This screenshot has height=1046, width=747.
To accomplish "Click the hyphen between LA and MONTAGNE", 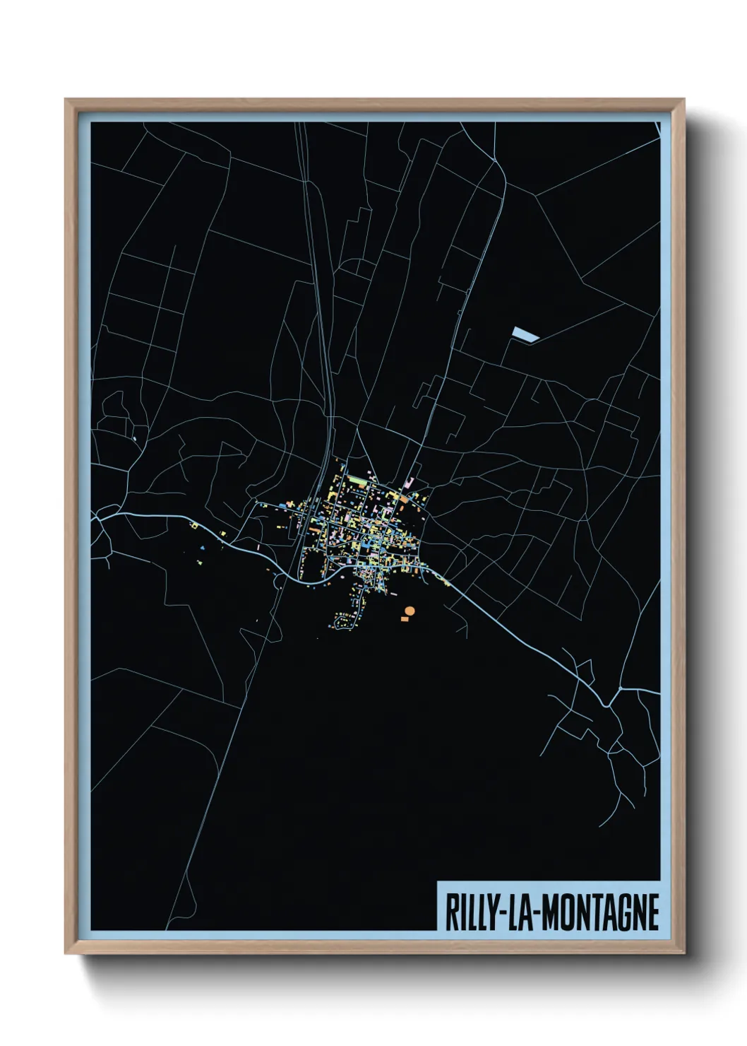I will coord(537,913).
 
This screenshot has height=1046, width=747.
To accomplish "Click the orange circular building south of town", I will coord(410,611).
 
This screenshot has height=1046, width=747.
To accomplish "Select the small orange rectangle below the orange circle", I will coord(405,619).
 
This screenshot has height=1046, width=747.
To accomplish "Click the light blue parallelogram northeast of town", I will coord(525,334).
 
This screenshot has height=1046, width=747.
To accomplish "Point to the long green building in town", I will coord(358,480).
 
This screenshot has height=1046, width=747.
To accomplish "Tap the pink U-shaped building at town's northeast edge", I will coord(408,483).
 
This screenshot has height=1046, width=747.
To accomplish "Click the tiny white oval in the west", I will coord(133,439).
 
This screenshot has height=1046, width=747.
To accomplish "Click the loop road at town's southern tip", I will coord(345,623).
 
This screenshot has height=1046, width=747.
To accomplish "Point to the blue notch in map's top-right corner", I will coord(657,128).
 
